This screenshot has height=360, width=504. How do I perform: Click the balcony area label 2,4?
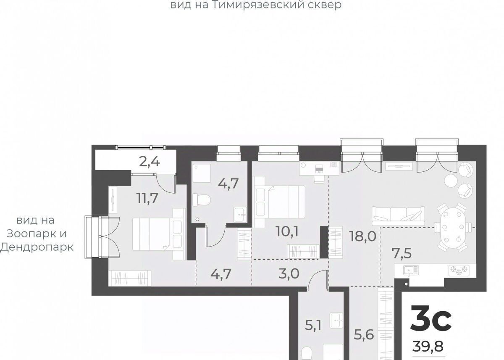150,162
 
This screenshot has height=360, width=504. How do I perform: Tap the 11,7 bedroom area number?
147,198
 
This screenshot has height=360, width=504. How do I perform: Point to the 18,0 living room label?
363,236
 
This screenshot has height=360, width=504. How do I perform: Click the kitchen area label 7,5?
402,253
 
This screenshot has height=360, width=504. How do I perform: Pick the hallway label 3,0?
289,273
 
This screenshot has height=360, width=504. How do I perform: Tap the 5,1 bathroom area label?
313,325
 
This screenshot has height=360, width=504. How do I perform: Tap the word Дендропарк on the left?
37,247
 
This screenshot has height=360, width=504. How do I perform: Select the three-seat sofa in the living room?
398,216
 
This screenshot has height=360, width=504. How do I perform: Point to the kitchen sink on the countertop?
411,271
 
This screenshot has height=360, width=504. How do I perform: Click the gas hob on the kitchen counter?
459,270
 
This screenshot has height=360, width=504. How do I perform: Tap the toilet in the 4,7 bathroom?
201,200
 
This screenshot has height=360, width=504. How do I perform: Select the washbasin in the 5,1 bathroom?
336,320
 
